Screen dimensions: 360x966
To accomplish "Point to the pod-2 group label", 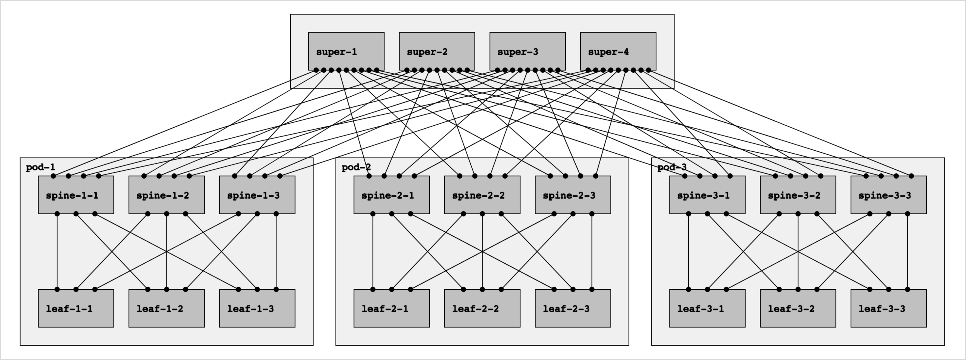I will tap(356, 167).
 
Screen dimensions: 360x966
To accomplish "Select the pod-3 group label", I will tap(672, 167).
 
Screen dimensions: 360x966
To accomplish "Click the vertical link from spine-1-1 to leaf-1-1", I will tap(57, 251).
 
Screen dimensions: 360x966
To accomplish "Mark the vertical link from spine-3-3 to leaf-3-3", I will tap(908, 251).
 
